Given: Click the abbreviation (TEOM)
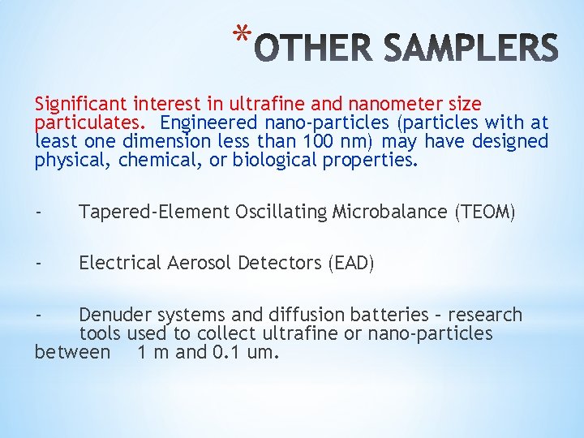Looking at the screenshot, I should tap(485, 213).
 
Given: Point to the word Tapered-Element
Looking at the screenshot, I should tap(154, 213).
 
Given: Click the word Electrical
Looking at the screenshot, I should tap(119, 264).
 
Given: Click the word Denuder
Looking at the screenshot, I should tap(114, 315).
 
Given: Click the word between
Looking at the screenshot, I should tap(72, 352).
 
